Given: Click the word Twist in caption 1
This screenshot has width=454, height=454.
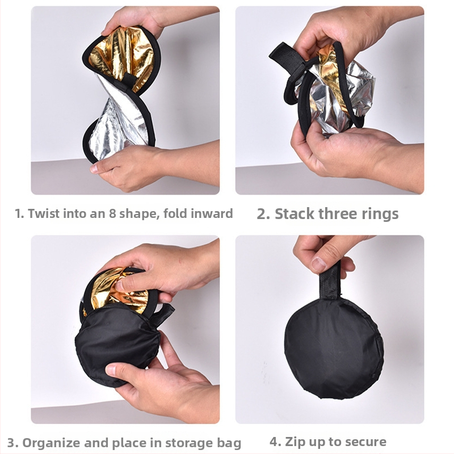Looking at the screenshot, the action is pyautogui.click(x=44, y=214).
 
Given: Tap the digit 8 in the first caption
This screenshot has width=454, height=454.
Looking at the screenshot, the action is pyautogui.click(x=112, y=214).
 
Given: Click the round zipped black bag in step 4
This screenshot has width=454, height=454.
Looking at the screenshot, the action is pyautogui.click(x=334, y=348).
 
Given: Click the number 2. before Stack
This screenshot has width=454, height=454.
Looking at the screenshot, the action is pyautogui.click(x=263, y=215).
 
